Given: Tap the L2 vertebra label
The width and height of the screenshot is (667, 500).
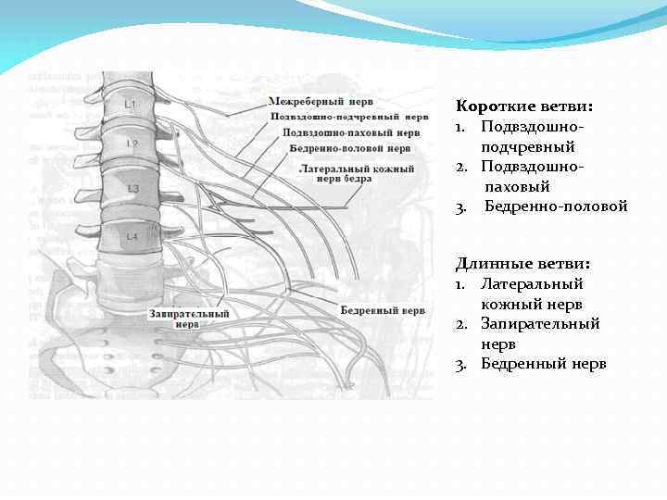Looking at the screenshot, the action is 132,144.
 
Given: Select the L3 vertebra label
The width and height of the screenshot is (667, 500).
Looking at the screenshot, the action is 132,189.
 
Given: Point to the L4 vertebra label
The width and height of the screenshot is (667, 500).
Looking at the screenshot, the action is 132,238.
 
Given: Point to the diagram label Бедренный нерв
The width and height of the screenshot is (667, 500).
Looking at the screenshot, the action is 383,311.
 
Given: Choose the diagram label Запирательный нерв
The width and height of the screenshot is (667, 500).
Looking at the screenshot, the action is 188,319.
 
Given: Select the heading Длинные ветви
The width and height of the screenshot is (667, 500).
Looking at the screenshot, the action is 510,264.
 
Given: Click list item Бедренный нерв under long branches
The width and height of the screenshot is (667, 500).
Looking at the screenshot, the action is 544,364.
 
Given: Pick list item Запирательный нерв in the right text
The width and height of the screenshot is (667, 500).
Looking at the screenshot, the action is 539,333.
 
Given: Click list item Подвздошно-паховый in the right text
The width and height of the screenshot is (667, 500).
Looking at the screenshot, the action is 532,176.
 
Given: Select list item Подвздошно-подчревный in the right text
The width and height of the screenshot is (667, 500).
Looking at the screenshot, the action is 532,136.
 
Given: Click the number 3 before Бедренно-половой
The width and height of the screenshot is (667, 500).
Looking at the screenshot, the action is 459,206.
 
